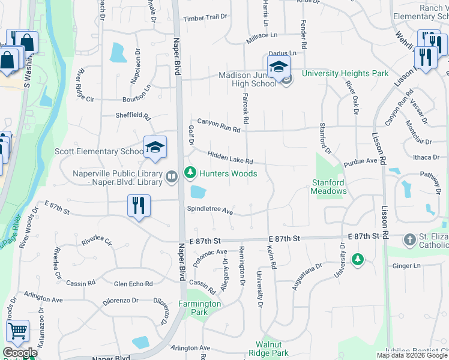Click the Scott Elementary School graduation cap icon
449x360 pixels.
click(x=154, y=148)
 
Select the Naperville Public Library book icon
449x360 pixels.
click(x=172, y=176)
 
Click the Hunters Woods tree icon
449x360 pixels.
click(x=190, y=173)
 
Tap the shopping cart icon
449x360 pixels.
click(x=17, y=331)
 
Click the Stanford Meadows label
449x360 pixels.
click(x=328, y=187)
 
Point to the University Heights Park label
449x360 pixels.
click(x=345, y=74)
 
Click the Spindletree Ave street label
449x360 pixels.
click(x=209, y=210)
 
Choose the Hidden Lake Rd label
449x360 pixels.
click(x=231, y=158)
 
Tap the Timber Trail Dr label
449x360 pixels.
click(x=206, y=19)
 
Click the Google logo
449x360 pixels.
click(x=20, y=353)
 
